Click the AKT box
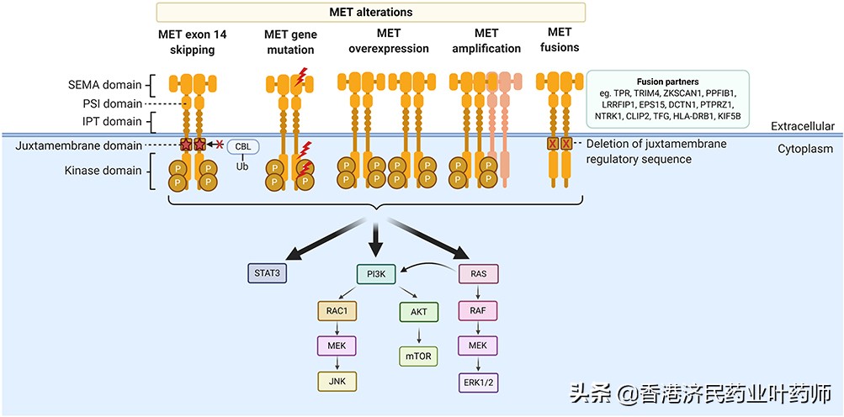click(419, 311)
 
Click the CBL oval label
click(243, 146)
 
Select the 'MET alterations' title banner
click(370, 12)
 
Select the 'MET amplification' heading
click(486, 41)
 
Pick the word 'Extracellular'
click(803, 126)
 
